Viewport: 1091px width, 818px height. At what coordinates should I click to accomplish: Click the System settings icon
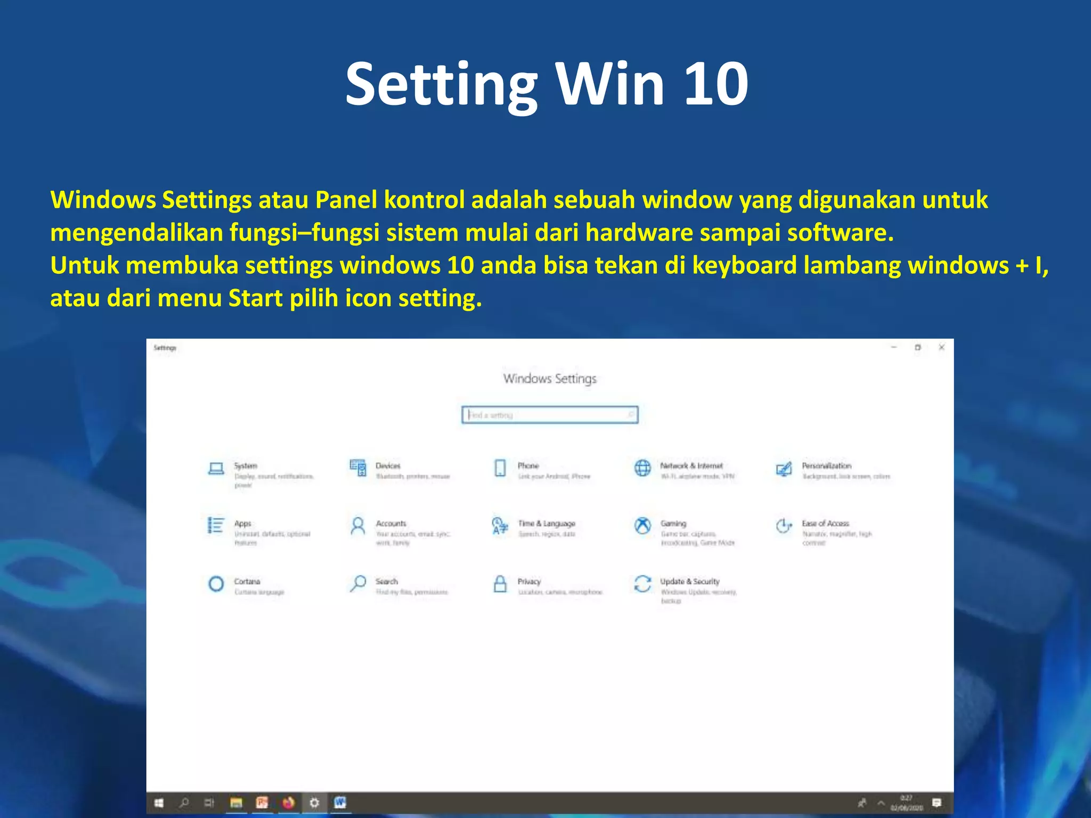tap(216, 469)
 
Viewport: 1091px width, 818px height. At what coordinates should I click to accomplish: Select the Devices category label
tap(388, 465)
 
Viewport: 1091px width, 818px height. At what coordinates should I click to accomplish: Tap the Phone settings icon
tap(500, 468)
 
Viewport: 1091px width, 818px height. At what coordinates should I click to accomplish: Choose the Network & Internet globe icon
tap(642, 468)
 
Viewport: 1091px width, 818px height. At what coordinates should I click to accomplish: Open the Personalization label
tap(826, 465)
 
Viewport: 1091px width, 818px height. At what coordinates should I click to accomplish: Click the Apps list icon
tap(216, 525)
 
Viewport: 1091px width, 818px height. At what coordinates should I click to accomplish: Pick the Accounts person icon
tap(358, 526)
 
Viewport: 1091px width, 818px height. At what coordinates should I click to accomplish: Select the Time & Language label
tap(547, 523)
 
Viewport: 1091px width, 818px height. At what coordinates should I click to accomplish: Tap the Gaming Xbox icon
tap(642, 526)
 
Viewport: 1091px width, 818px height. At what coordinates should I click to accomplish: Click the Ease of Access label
tap(825, 523)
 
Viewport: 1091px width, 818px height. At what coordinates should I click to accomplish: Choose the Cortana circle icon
tap(216, 584)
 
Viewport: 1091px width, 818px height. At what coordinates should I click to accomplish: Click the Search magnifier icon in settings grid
tap(358, 584)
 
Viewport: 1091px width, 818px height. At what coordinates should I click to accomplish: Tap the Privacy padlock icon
tap(500, 584)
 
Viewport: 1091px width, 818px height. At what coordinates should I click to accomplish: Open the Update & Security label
tap(690, 582)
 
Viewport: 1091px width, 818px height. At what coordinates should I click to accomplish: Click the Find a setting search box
tap(550, 415)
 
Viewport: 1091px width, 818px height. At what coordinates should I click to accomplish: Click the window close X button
tap(941, 348)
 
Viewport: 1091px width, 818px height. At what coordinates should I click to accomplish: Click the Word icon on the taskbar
tap(340, 803)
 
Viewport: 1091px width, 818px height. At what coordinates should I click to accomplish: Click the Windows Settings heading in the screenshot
tap(550, 379)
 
